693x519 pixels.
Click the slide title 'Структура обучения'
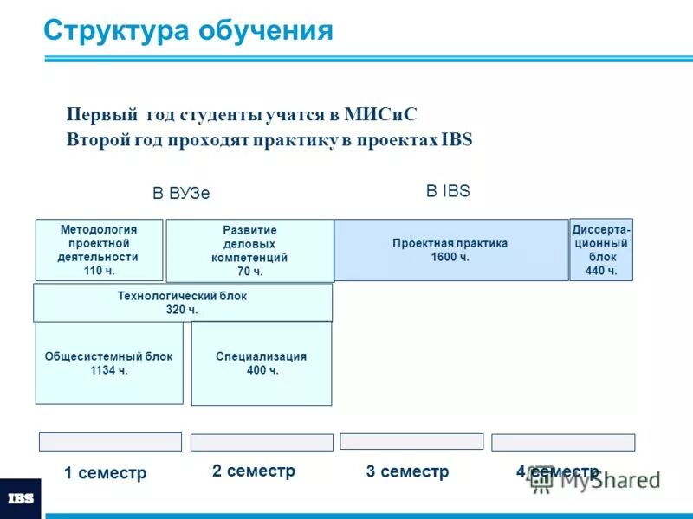click(x=188, y=30)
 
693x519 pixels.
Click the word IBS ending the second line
click(x=457, y=139)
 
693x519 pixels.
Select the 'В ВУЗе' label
click(x=181, y=193)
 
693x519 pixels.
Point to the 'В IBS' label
click(x=448, y=191)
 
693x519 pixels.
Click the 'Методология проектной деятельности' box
click(x=99, y=250)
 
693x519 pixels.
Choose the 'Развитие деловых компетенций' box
click(x=249, y=251)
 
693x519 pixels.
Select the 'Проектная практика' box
click(x=450, y=250)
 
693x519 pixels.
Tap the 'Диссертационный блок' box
click(x=601, y=250)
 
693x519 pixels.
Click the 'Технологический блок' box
click(x=182, y=303)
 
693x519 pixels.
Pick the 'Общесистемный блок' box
click(x=109, y=363)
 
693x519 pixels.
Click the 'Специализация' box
click(x=262, y=363)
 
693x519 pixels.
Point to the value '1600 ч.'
click(x=450, y=257)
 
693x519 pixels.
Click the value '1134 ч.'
click(x=109, y=370)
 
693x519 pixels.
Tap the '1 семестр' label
click(x=106, y=473)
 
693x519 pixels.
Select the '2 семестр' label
click(x=254, y=471)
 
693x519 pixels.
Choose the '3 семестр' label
click(x=407, y=471)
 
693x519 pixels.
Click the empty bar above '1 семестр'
click(x=110, y=442)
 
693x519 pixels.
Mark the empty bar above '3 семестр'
click(x=411, y=441)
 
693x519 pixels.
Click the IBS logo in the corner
click(x=21, y=499)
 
